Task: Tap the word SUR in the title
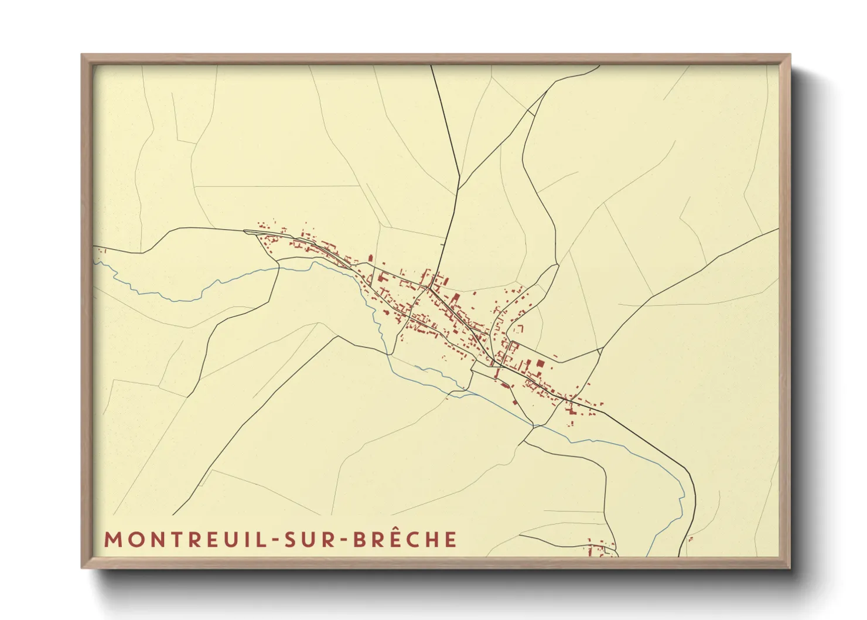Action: pyautogui.click(x=305, y=540)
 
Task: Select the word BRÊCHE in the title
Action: pyautogui.click(x=405, y=540)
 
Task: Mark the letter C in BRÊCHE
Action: pyautogui.click(x=412, y=540)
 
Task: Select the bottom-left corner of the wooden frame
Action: pyautogui.click(x=83, y=567)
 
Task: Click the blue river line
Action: pyautogui.click(x=176, y=300)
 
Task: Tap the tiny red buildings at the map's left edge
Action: pyautogui.click(x=101, y=251)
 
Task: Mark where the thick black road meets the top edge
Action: pyautogui.click(x=432, y=66)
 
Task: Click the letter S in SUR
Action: pyautogui.click(x=289, y=540)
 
